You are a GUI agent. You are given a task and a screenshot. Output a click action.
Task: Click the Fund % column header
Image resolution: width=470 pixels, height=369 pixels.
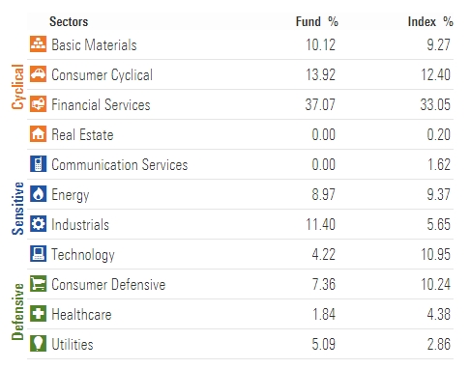[316, 20]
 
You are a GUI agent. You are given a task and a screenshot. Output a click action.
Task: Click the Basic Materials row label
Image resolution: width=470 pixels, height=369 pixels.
[94, 44]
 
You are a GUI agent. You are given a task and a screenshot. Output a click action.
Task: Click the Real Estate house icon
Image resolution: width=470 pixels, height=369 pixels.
[39, 134]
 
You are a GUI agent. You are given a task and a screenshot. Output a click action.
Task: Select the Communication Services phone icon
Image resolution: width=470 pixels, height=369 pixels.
[39, 164]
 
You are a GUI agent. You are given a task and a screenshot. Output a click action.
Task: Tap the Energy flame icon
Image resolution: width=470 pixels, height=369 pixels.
[39, 194]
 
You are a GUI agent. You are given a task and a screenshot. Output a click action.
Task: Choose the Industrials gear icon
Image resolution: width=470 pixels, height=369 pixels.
[39, 224]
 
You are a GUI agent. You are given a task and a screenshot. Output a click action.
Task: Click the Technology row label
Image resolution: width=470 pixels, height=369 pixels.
[83, 255]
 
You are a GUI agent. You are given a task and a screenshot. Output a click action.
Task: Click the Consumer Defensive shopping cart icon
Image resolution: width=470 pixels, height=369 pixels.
[39, 284]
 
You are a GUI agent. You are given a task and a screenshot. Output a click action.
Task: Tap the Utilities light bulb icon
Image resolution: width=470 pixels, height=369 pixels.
[39, 344]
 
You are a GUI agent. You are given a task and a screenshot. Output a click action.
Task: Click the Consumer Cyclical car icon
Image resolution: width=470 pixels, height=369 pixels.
[39, 74]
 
